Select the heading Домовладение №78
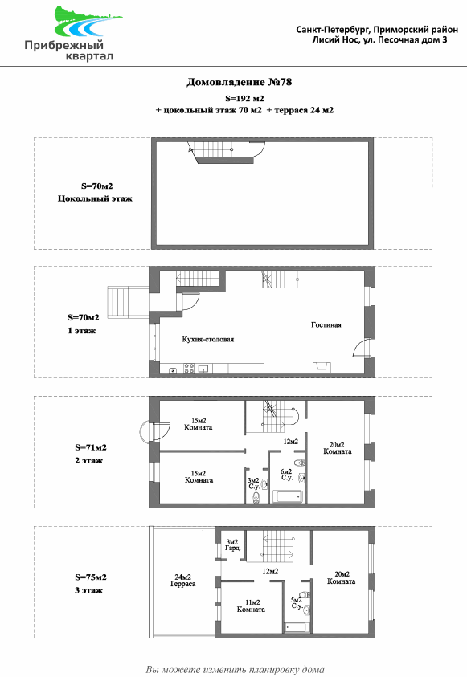239,82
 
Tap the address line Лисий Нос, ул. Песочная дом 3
379,39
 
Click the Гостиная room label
326,325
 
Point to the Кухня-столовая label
208,340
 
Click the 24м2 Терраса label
182,581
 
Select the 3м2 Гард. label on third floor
232,544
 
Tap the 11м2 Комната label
251,606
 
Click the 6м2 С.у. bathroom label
286,475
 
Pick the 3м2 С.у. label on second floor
253,483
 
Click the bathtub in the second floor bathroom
287,496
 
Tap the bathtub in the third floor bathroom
297,627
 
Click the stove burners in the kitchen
189,369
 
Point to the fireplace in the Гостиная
322,368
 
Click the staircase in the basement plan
227,153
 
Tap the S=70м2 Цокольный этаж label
96,193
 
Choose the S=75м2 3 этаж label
90,584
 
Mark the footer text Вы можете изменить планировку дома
235,670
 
